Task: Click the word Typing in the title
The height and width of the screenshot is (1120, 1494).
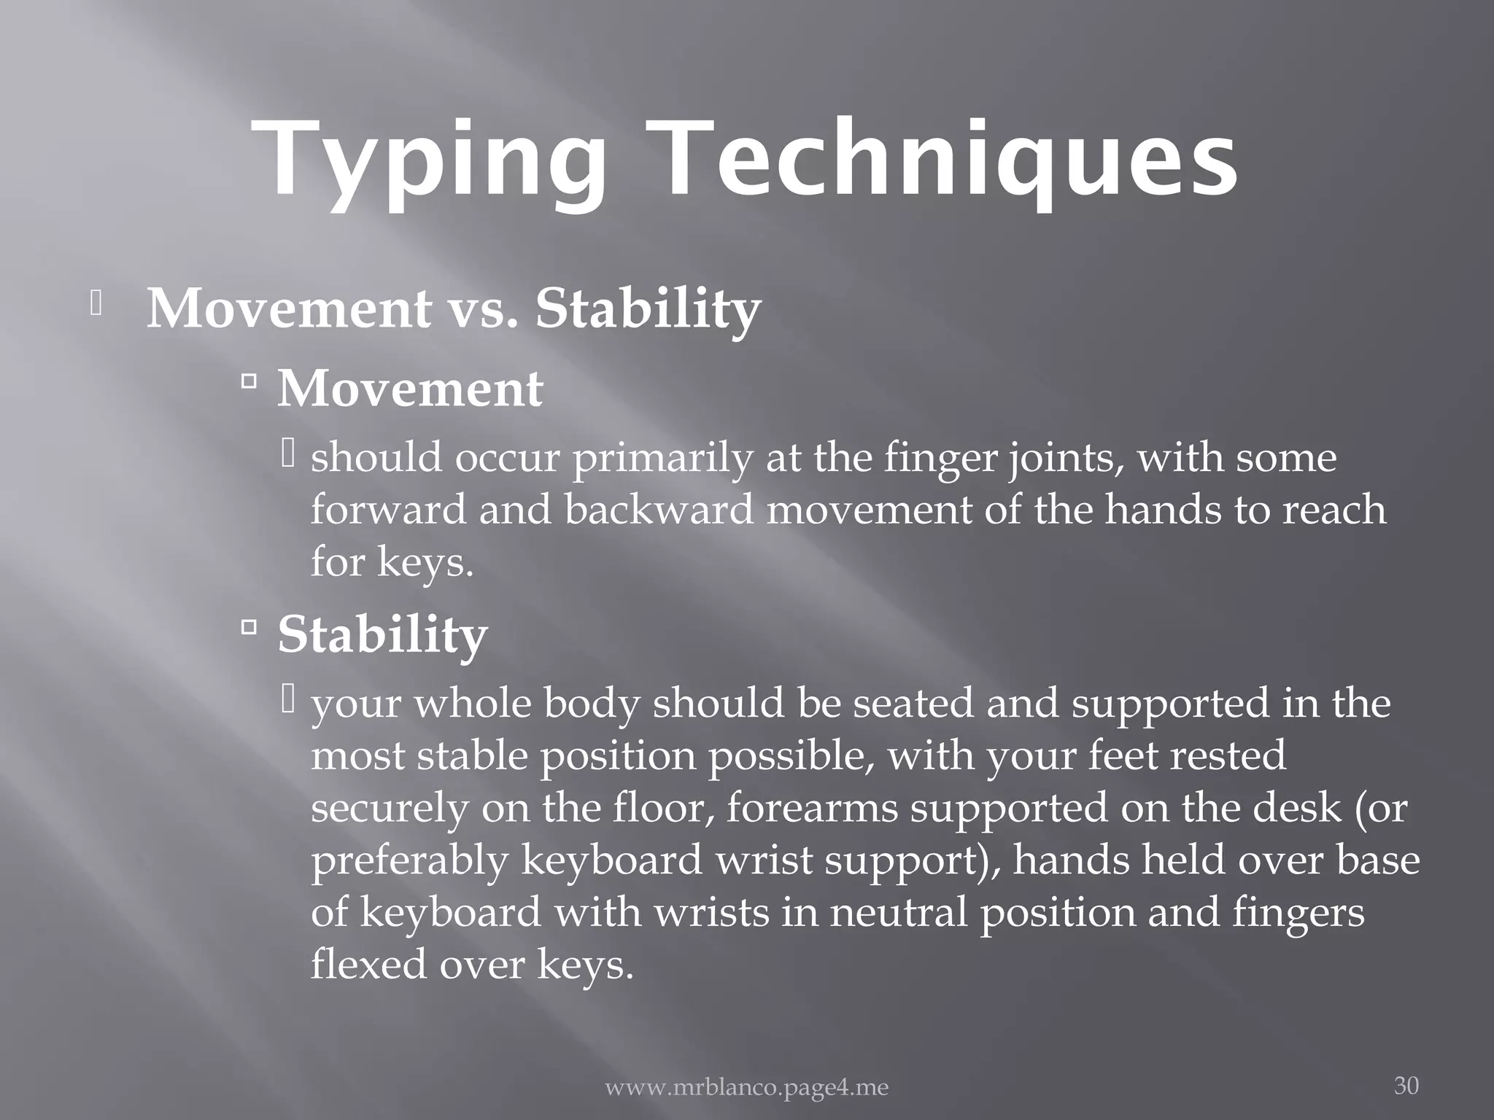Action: click(430, 162)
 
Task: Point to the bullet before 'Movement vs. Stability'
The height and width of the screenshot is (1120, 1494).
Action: click(96, 304)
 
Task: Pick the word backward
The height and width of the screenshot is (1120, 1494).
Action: click(658, 509)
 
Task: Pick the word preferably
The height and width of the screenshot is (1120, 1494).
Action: click(409, 860)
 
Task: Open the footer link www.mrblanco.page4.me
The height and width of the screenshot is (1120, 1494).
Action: click(747, 1087)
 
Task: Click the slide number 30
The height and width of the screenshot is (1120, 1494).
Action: click(1406, 1085)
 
